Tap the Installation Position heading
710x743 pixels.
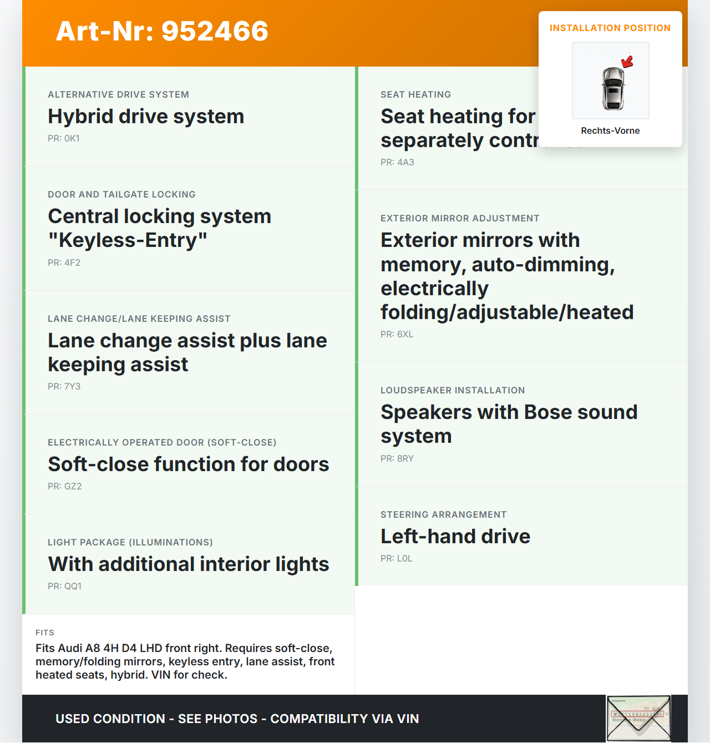[x=610, y=28]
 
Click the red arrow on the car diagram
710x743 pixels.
[x=627, y=61]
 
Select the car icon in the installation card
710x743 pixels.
[x=612, y=88]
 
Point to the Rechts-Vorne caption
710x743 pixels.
[x=610, y=130]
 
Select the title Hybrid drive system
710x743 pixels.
[x=146, y=117]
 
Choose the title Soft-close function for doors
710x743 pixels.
[x=188, y=464]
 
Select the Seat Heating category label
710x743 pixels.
[x=415, y=95]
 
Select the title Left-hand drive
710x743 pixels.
[x=455, y=537]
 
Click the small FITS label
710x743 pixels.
[x=45, y=633]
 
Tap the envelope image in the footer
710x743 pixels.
[x=638, y=719]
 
